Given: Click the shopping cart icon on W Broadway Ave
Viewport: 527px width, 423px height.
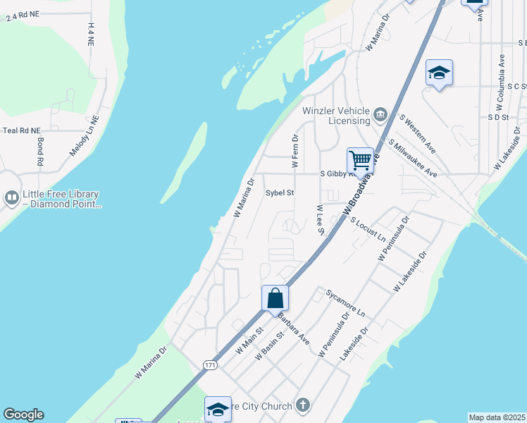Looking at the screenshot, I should pos(360,160).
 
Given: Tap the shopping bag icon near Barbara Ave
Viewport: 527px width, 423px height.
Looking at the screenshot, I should pos(275,297).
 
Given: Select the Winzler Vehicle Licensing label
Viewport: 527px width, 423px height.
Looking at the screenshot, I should pos(335,116).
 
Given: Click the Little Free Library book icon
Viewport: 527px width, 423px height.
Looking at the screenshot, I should pos(11,199).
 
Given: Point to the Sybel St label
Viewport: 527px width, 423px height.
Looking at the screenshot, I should pos(279,192).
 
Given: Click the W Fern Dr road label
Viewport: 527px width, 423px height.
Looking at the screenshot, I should pos(296,151).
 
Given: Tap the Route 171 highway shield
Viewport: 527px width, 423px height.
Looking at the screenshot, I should pos(209,364).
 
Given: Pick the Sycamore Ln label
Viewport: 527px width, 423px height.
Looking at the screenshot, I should pos(346,302).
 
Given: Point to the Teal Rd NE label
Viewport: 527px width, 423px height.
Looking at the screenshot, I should pos(22,130).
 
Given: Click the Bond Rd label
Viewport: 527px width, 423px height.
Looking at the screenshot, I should pos(41,153).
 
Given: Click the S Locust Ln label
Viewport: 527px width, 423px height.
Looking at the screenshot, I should pos(368,229).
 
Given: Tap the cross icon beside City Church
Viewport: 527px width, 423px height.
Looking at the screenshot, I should pos(302,405).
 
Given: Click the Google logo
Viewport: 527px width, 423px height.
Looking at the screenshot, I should pos(23,415).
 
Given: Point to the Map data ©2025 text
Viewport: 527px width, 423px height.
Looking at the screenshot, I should pos(496,417).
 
